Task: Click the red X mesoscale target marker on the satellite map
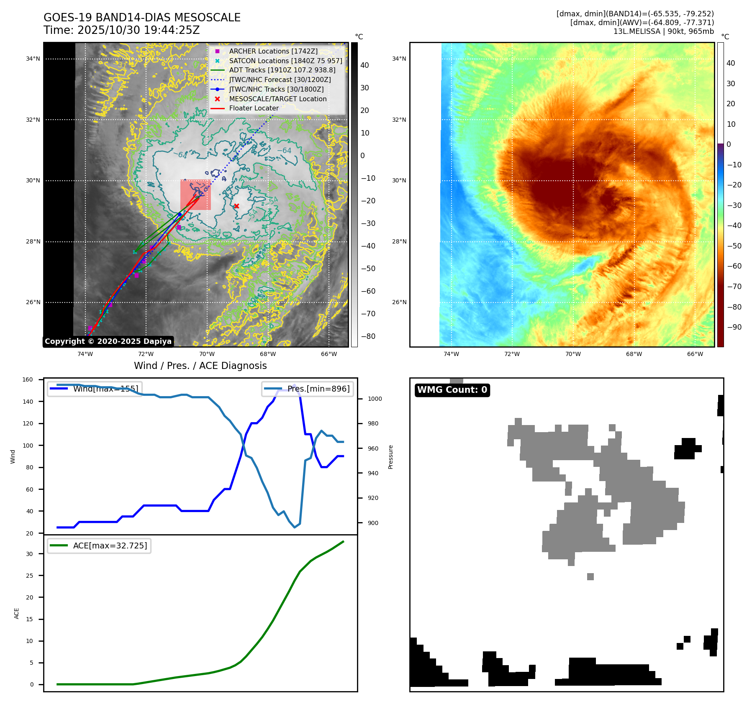tap(236, 206)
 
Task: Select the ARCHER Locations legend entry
tap(273, 51)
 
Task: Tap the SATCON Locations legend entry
tap(285, 61)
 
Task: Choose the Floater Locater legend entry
tap(254, 108)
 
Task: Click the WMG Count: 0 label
tap(452, 390)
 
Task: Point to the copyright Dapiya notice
tap(108, 341)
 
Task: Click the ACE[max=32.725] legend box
tap(99, 546)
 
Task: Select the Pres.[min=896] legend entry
tap(308, 389)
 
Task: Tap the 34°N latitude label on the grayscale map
tap(33, 59)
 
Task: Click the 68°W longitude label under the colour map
tap(634, 354)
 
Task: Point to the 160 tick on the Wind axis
tap(28, 379)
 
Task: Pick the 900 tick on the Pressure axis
tap(375, 523)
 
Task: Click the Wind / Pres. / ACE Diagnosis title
tap(200, 366)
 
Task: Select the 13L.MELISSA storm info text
tap(663, 31)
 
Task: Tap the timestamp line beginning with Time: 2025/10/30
tap(121, 30)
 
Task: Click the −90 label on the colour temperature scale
tap(734, 327)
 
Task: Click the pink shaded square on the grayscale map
tap(195, 195)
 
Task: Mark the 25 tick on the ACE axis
tap(29, 576)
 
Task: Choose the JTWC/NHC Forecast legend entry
tap(280, 79)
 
